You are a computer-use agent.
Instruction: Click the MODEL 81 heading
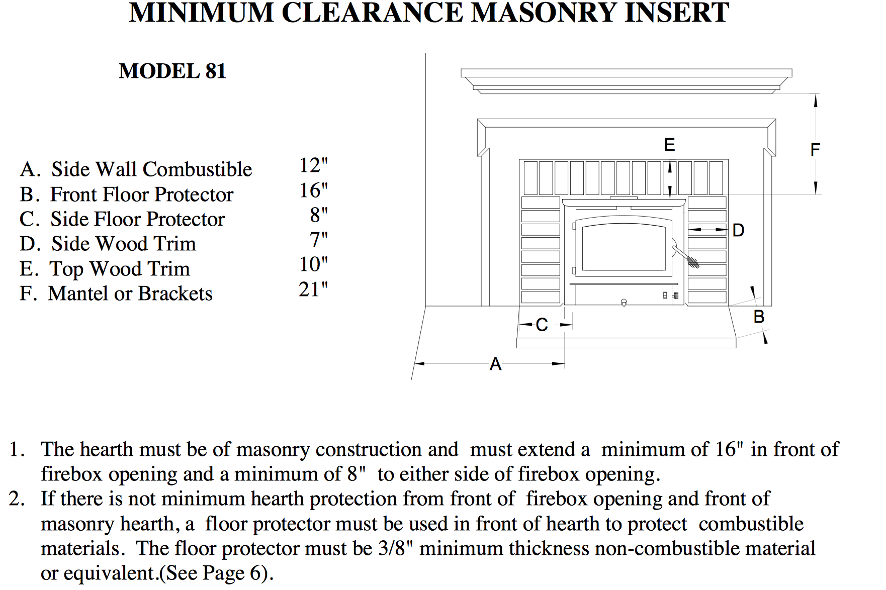[x=172, y=71]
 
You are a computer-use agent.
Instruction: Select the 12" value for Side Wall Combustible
[x=314, y=165]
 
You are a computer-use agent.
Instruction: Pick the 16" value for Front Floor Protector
[x=314, y=190]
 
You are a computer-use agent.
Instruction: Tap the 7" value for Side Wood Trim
[x=319, y=240]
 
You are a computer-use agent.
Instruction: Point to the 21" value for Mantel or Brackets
[x=313, y=289]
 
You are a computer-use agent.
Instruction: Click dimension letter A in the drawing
[x=496, y=364]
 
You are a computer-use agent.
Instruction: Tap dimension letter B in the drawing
[x=759, y=317]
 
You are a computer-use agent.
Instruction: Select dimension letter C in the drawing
[x=542, y=325]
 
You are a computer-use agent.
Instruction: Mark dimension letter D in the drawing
[x=739, y=230]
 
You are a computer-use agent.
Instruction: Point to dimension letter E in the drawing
[x=669, y=145]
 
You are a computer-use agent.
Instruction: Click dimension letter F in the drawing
[x=815, y=149]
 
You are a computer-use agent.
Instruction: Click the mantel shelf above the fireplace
[x=627, y=80]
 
